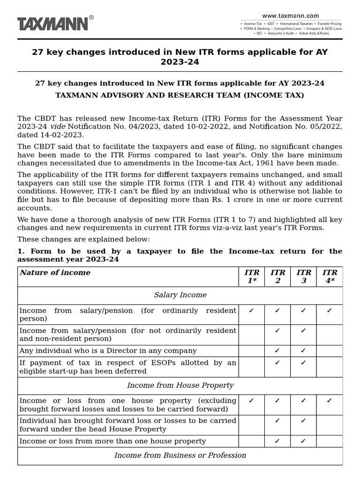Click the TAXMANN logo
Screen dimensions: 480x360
point(52,23)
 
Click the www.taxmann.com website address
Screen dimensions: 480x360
point(290,15)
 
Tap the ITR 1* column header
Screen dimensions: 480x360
point(252,277)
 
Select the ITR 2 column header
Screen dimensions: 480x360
point(277,277)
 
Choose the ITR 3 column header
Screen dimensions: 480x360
point(303,277)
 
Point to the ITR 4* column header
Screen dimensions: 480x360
point(330,277)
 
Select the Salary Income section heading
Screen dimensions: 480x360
point(180,295)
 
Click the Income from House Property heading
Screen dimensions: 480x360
point(180,385)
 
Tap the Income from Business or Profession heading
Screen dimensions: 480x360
point(180,455)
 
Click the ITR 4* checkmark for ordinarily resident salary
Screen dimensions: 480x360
point(329,310)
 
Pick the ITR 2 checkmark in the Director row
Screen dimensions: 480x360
point(277,351)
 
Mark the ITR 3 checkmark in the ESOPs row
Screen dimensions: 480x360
point(303,362)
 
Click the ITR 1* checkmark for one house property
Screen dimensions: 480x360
point(251,401)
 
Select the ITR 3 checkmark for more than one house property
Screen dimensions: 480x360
point(303,441)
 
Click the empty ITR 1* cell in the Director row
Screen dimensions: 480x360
point(252,351)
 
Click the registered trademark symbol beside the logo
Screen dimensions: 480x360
point(91,17)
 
